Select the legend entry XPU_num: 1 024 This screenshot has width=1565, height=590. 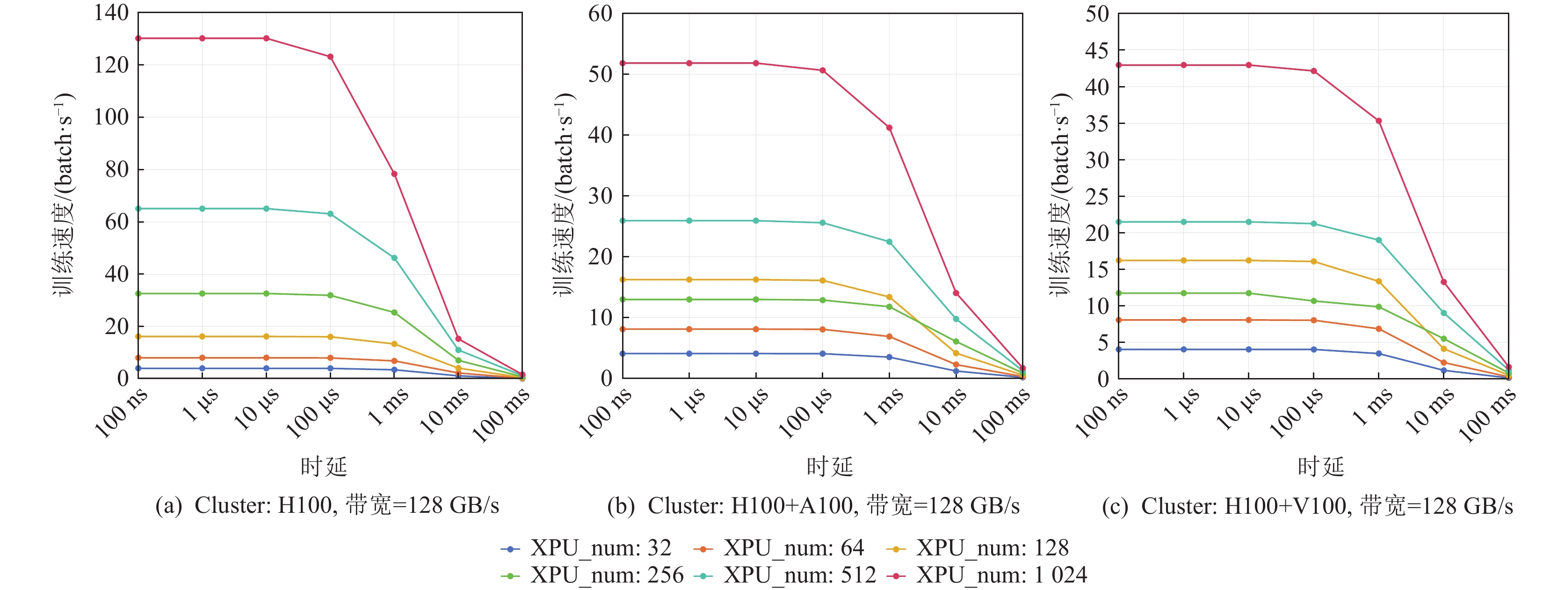click(x=987, y=575)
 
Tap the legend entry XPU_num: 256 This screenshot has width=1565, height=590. click(x=592, y=575)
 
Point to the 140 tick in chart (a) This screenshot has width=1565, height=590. click(x=111, y=13)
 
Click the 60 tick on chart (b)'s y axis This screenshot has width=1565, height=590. click(x=600, y=14)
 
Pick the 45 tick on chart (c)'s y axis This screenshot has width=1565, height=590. click(x=1097, y=51)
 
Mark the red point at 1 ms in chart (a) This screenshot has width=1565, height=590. click(x=394, y=174)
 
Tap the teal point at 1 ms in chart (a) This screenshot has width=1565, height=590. click(x=394, y=258)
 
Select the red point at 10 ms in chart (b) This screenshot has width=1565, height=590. click(x=956, y=293)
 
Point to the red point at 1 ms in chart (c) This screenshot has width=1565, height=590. click(x=1378, y=121)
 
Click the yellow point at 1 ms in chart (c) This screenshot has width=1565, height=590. click(x=1378, y=281)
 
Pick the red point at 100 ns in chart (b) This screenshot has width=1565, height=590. click(x=623, y=63)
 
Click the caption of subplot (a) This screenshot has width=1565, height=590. click(x=327, y=505)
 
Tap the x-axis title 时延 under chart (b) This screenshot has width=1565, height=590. click(x=829, y=466)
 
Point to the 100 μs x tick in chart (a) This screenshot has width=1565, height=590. click(x=313, y=413)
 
